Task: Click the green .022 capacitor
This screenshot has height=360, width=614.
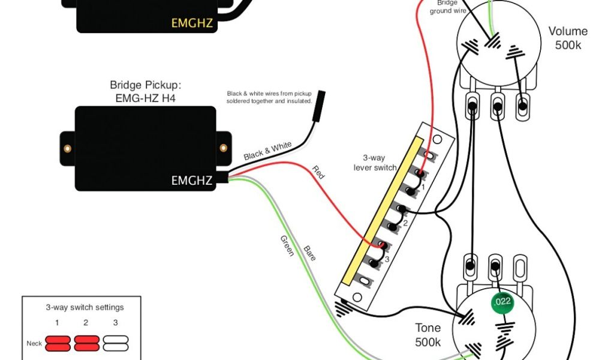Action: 502,301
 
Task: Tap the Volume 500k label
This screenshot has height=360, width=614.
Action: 567,38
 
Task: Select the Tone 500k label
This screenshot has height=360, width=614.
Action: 428,335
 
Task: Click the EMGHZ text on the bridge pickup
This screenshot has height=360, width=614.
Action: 192,179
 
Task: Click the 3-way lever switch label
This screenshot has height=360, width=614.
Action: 375,162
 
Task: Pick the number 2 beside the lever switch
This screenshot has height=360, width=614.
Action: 405,223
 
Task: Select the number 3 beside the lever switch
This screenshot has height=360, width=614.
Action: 387,259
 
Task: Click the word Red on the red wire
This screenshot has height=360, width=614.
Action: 318,173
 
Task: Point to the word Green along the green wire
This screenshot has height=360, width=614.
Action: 287,246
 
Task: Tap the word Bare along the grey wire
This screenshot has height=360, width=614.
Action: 309,253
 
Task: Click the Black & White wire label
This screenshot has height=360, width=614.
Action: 267,151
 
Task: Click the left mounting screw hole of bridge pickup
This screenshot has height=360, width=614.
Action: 67,148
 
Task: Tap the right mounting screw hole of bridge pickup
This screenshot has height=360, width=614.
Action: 224,148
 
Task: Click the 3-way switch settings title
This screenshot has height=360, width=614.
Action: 85,307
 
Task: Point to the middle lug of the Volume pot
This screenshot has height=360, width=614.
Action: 497,107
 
